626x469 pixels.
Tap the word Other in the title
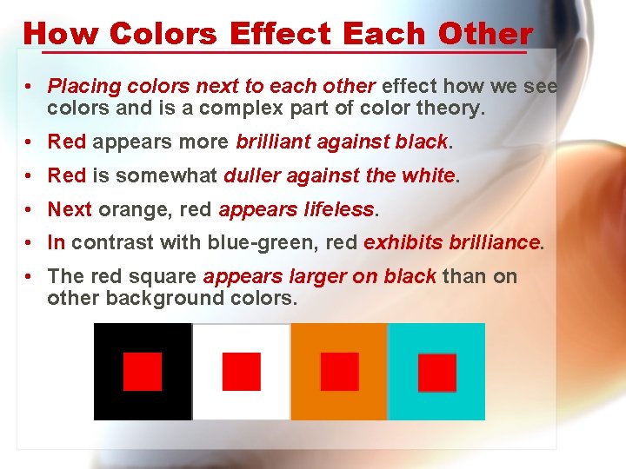[485, 34]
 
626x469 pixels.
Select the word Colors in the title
[163, 34]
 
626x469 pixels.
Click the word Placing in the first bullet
[83, 87]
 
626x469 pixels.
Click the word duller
[251, 175]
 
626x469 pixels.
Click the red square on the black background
[143, 372]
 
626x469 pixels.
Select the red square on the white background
[241, 372]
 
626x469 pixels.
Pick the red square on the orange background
[339, 372]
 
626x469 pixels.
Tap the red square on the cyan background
[436, 373]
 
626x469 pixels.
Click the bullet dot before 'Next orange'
[30, 209]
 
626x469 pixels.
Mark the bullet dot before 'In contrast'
[30, 243]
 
